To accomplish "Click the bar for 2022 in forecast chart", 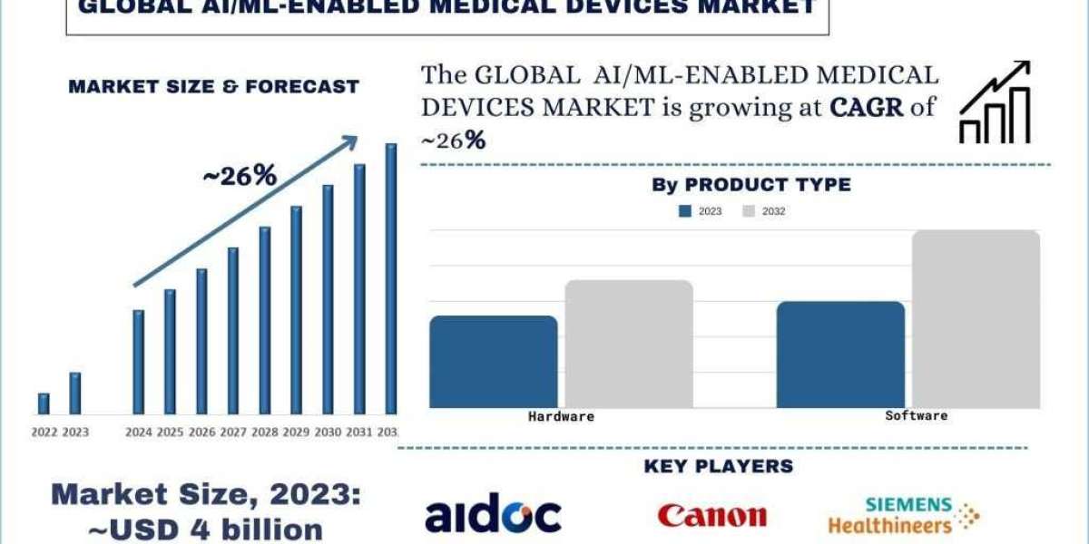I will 44,403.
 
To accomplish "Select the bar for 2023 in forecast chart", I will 75,393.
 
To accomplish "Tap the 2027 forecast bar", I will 233,331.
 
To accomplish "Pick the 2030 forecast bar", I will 328,299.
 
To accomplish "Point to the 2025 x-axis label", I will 170,432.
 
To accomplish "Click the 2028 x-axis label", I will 265,432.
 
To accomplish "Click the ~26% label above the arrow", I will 239,176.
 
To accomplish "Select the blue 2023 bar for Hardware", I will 493,362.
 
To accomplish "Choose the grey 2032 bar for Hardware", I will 629,344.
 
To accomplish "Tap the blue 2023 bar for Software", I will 840,355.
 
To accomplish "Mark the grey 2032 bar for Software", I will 976,319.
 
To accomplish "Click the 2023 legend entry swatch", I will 685,211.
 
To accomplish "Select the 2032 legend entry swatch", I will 749,211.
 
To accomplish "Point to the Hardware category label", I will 561,417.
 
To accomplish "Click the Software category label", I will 917,416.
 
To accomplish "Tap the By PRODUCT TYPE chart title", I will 751,185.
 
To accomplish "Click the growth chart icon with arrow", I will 995,102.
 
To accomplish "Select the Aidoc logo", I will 493,515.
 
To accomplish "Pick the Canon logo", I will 712,516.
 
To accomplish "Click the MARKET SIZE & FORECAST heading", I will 214,87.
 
